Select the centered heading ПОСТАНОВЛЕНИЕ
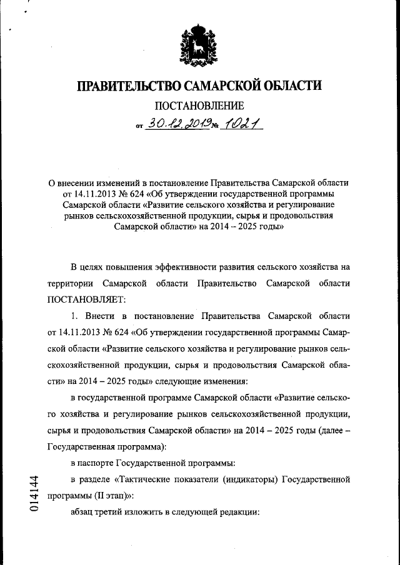pyautogui.click(x=199, y=106)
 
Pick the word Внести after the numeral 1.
pyautogui.click(x=101, y=316)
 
